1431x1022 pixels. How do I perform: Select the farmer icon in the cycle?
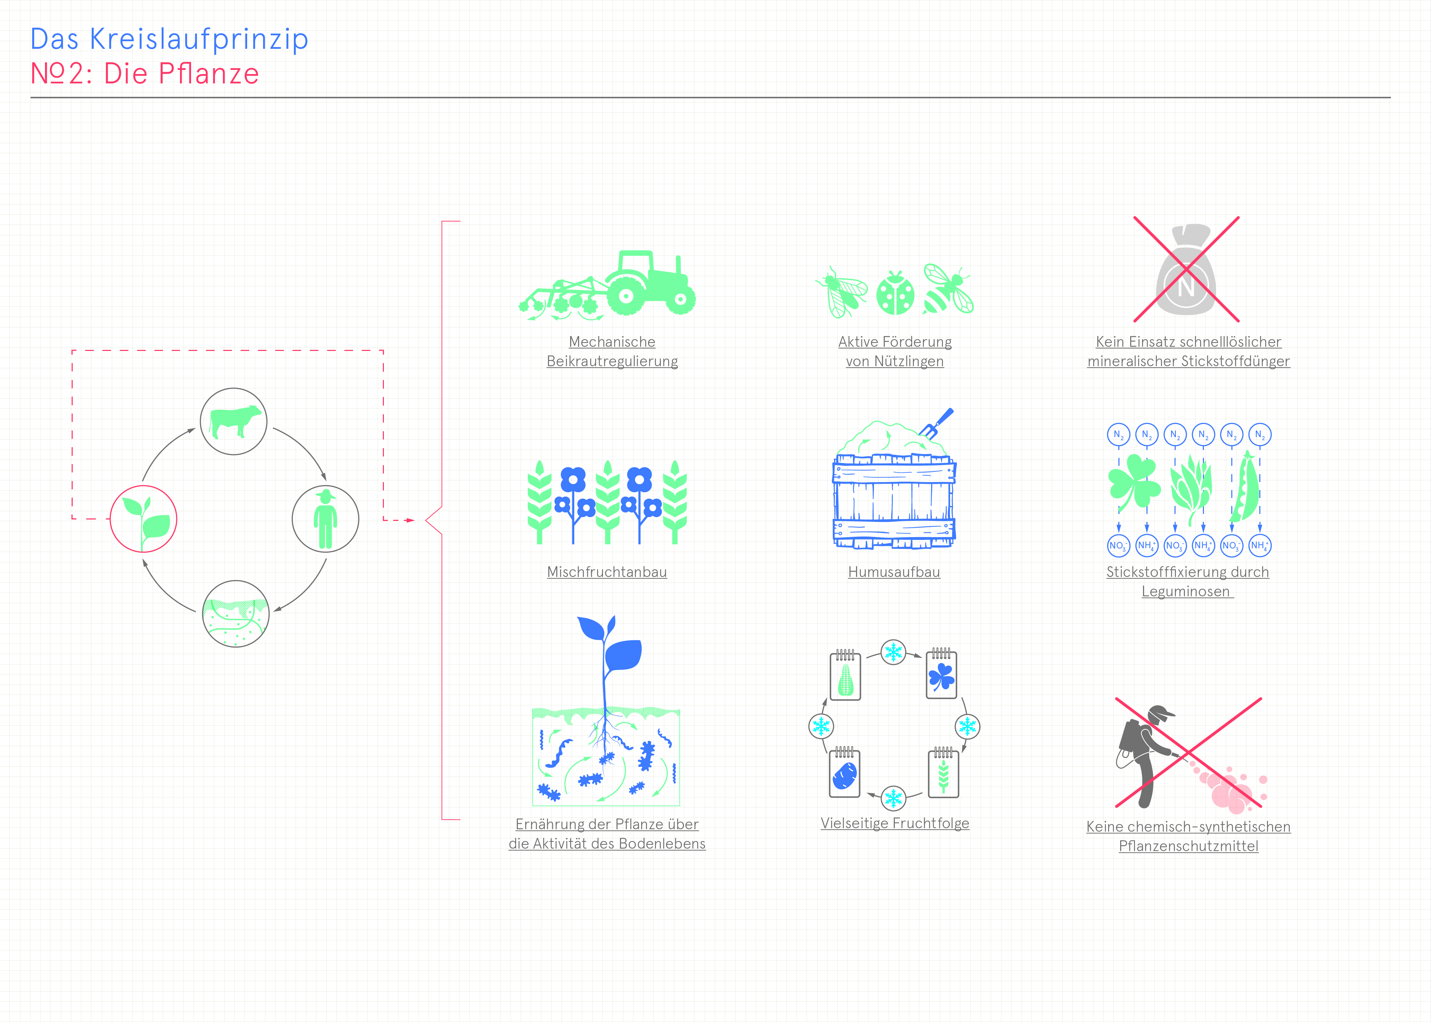tap(325, 519)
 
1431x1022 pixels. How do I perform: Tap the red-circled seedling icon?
tap(143, 519)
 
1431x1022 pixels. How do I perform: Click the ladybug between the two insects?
tap(895, 293)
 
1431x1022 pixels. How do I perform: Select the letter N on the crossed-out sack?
tap(1186, 287)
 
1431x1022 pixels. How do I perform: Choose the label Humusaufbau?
tap(894, 572)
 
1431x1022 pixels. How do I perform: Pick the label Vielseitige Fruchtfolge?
tap(895, 823)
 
